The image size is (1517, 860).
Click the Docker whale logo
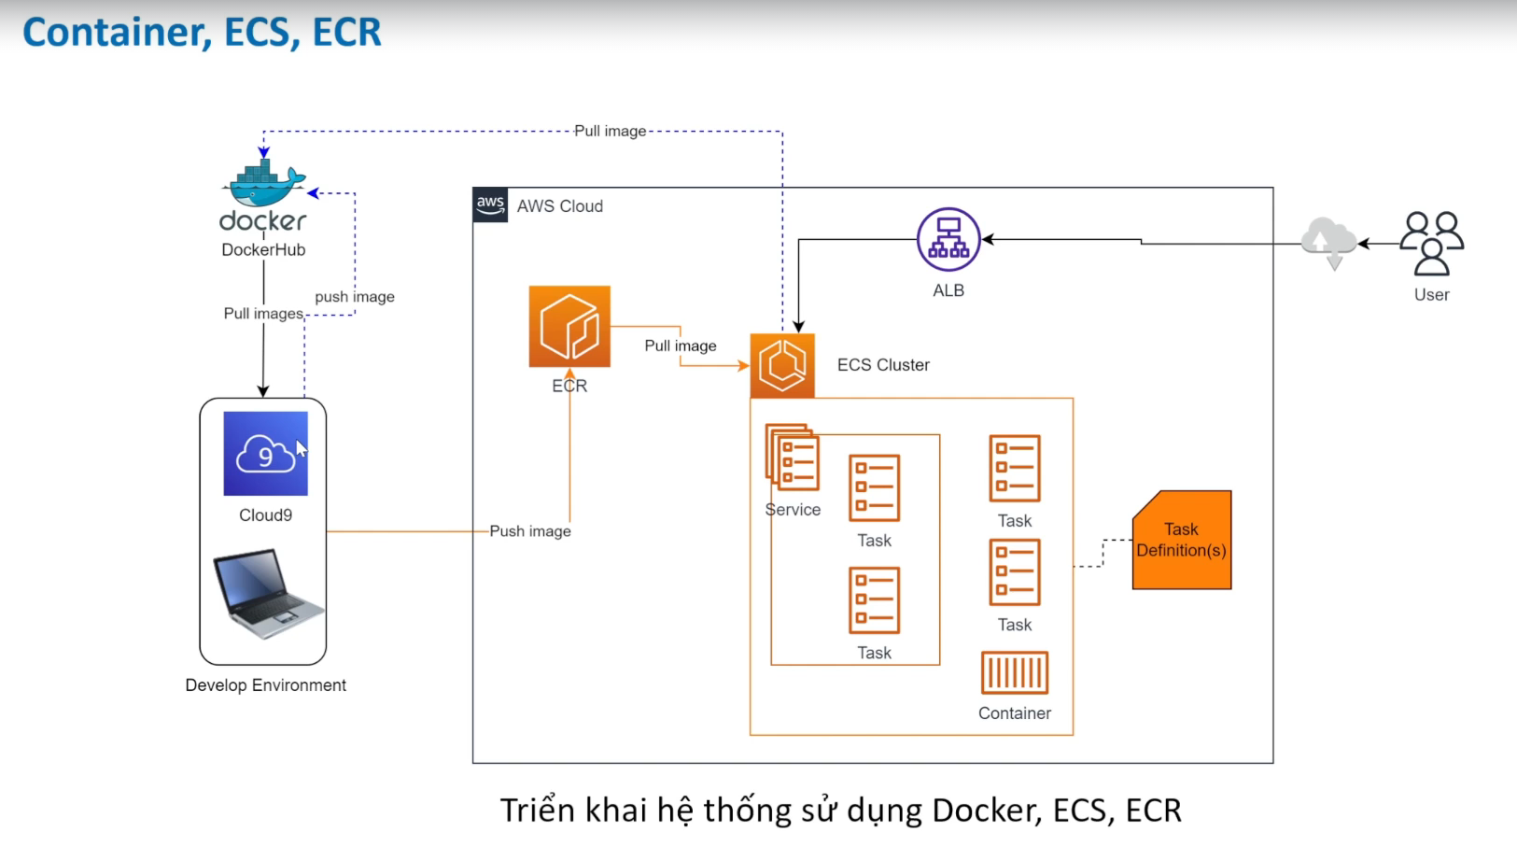(x=265, y=185)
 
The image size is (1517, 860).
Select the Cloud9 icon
(x=265, y=454)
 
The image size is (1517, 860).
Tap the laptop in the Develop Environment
(x=268, y=593)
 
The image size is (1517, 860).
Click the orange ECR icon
(x=569, y=327)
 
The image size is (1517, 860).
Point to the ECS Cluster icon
(x=782, y=365)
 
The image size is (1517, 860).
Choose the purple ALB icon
(x=948, y=240)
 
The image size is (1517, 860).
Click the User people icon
(x=1432, y=243)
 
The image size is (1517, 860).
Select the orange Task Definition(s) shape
(x=1182, y=540)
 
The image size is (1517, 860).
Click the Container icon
(x=1015, y=672)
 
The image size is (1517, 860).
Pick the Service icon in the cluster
(x=793, y=458)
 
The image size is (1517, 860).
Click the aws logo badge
(x=490, y=204)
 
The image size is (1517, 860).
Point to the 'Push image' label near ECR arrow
(x=530, y=531)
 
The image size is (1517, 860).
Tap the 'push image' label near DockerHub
(x=355, y=297)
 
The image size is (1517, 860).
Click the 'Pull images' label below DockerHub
(x=263, y=314)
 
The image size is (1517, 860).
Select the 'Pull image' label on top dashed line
(x=611, y=131)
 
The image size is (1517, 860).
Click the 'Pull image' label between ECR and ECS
(x=681, y=345)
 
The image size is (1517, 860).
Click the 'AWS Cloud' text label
(x=560, y=206)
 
